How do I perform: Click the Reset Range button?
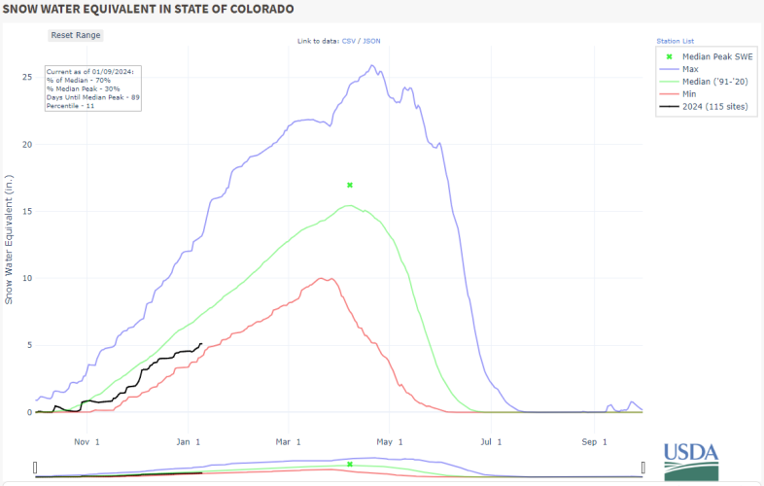[76, 35]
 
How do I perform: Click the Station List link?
[675, 42]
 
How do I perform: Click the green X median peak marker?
[350, 185]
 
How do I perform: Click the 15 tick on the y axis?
[27, 211]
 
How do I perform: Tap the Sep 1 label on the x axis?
[594, 440]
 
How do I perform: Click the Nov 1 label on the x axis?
[87, 440]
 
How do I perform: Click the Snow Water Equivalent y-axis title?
[10, 239]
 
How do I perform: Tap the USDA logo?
[691, 459]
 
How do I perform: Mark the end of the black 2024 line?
[200, 343]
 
